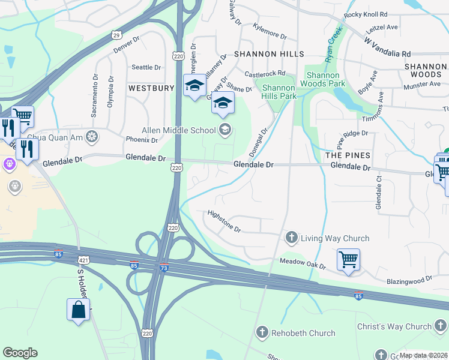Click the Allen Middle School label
(178, 130)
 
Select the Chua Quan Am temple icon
(92, 137)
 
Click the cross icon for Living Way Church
(292, 238)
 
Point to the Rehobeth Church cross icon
(262, 332)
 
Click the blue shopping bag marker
(78, 310)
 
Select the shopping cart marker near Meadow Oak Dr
(348, 260)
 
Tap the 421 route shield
(83, 260)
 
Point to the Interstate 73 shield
(164, 268)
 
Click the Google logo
(20, 352)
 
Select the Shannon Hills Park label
(279, 92)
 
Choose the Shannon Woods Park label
(326, 79)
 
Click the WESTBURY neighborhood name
(151, 88)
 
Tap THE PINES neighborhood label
(348, 155)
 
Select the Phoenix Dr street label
(142, 140)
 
